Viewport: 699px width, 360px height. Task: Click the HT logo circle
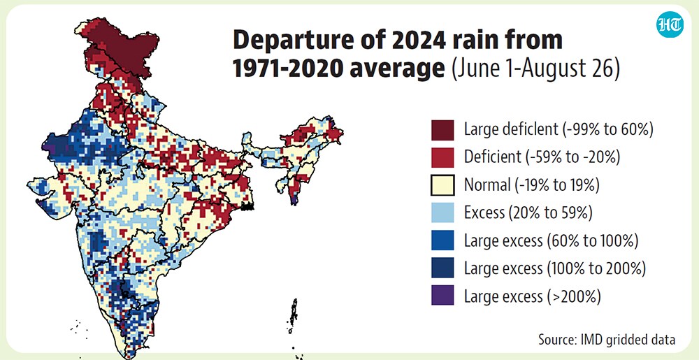point(670,24)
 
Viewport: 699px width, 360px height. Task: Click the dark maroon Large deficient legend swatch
point(442,130)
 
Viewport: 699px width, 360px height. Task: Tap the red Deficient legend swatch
point(442,157)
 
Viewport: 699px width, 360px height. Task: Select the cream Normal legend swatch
point(442,185)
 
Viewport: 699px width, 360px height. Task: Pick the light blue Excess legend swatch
point(442,213)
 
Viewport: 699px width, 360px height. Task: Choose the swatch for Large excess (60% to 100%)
point(442,240)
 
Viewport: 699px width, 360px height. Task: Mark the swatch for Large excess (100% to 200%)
point(442,268)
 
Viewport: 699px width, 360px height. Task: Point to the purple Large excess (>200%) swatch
point(442,295)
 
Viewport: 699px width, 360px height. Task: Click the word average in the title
point(398,71)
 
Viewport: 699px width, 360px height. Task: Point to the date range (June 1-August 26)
point(535,71)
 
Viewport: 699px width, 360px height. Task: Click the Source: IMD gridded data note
point(607,340)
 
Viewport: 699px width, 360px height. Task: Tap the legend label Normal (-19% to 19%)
point(531,185)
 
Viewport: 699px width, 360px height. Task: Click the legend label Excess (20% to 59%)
point(528,213)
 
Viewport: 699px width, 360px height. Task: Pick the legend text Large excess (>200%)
point(532,296)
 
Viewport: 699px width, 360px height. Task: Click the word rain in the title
point(471,41)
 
